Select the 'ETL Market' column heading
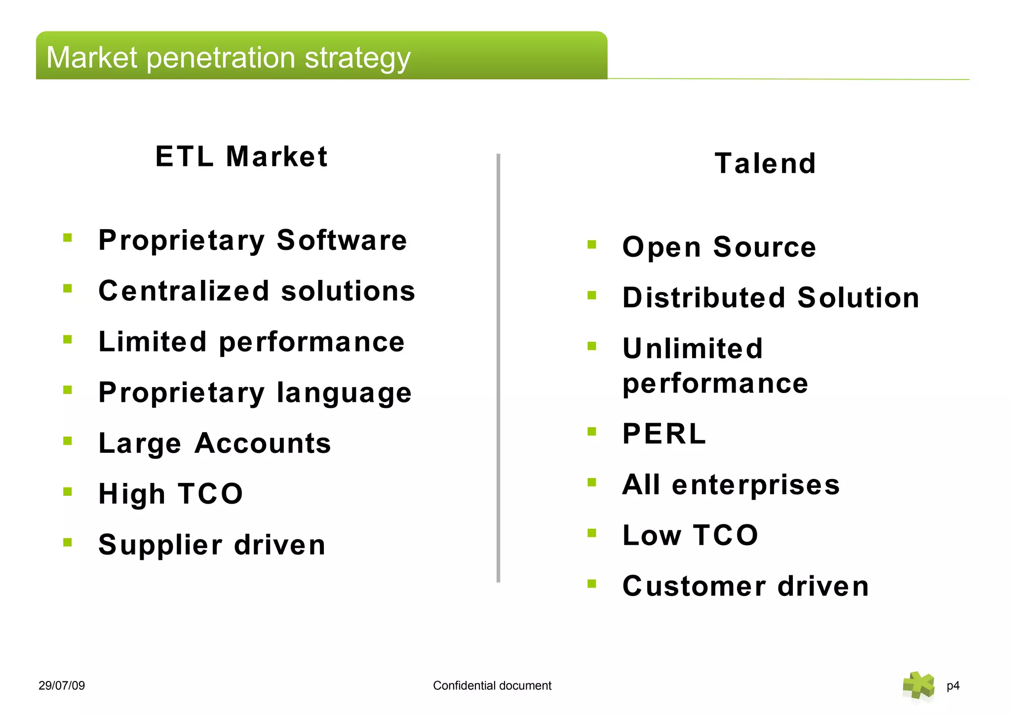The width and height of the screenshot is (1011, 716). pyautogui.click(x=241, y=157)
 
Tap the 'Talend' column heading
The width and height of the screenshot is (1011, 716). pyautogui.click(x=765, y=163)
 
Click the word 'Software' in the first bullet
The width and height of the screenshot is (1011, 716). pyautogui.click(x=342, y=240)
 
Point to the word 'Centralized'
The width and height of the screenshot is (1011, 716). pyautogui.click(x=184, y=291)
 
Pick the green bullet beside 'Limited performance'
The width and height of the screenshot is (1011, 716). pyautogui.click(x=68, y=339)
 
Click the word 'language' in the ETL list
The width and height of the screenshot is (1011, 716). pyautogui.click(x=344, y=393)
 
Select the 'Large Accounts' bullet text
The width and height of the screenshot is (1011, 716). pyautogui.click(x=215, y=443)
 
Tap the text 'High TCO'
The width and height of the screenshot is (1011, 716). pyautogui.click(x=171, y=494)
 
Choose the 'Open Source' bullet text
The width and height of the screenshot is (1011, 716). pyautogui.click(x=719, y=247)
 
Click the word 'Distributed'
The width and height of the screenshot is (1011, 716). pyautogui.click(x=703, y=298)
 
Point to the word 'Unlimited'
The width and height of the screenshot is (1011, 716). pyautogui.click(x=693, y=349)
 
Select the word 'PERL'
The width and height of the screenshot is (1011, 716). pyautogui.click(x=664, y=434)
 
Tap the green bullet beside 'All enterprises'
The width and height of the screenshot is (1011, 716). pyautogui.click(x=592, y=482)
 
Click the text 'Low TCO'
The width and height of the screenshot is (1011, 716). pyautogui.click(x=690, y=535)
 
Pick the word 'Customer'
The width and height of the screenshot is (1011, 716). pyautogui.click(x=694, y=586)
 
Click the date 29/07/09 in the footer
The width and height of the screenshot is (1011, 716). pyautogui.click(x=62, y=685)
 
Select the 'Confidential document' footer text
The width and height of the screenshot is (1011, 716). pyautogui.click(x=492, y=685)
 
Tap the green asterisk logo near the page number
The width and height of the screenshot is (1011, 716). pyautogui.click(x=918, y=685)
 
